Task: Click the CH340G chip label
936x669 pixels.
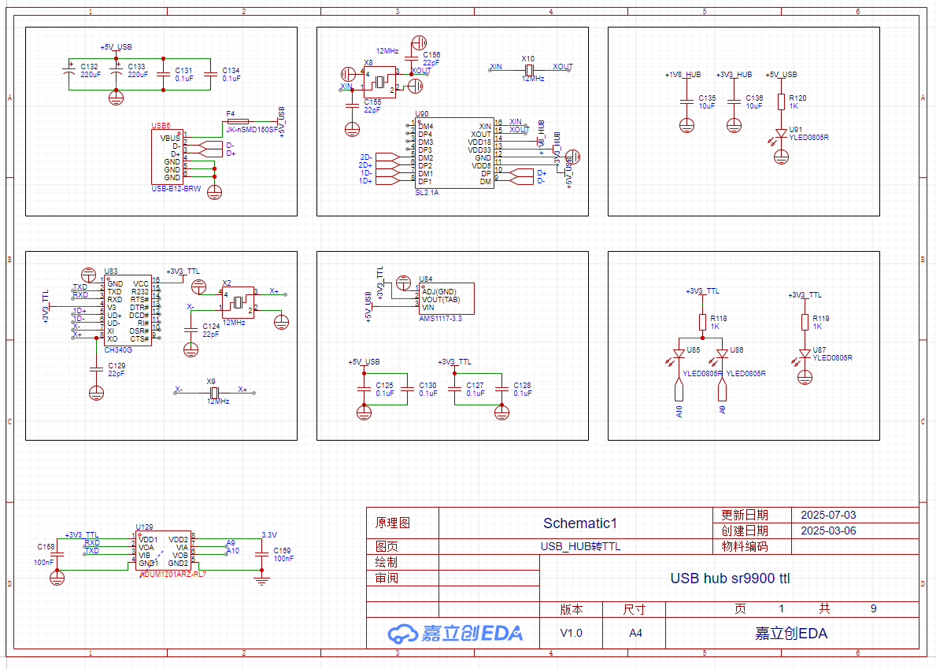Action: [x=118, y=349]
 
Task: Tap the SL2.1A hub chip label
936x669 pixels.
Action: [x=427, y=192]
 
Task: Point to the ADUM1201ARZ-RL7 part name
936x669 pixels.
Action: [x=172, y=574]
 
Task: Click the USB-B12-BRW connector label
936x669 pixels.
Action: [x=176, y=189]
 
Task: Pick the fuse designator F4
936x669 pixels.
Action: [x=230, y=114]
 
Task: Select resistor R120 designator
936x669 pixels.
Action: [x=797, y=98]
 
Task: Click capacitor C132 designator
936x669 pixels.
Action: [x=90, y=66]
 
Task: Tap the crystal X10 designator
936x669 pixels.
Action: [x=527, y=58]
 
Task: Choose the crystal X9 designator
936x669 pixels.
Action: [x=211, y=381]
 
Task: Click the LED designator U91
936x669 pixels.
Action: [x=796, y=129]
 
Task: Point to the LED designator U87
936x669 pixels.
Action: [x=820, y=349]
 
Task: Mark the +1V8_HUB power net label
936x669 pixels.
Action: [x=683, y=75]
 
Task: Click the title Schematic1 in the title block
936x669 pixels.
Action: [x=580, y=523]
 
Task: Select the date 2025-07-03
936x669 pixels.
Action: [x=828, y=516]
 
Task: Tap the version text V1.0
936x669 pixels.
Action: [x=572, y=633]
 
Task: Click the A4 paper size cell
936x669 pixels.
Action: [x=635, y=633]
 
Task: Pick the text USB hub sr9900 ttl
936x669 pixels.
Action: [x=730, y=578]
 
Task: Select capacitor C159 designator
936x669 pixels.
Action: [x=282, y=550]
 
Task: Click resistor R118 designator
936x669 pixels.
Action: [x=718, y=318]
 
